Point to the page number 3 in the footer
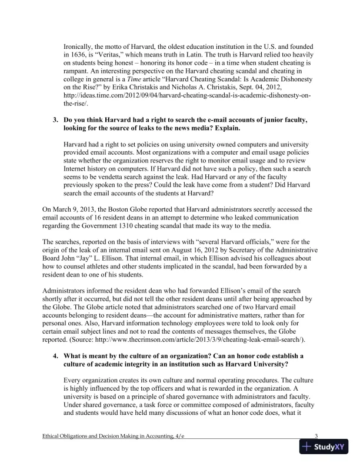pyautogui.click(x=316, y=436)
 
